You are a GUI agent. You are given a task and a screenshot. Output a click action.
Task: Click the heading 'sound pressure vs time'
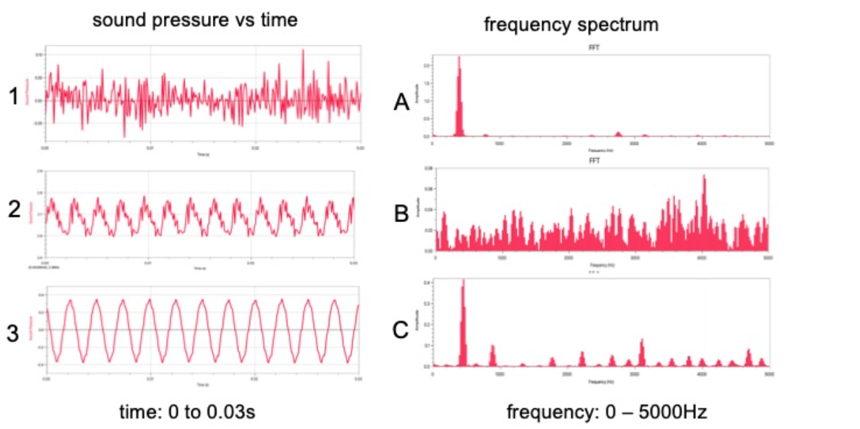(x=195, y=20)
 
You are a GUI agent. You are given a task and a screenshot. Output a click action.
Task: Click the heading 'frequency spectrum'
(x=571, y=25)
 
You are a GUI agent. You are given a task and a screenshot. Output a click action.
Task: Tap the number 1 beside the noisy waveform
(x=13, y=98)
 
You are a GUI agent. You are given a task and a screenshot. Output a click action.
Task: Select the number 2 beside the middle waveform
(x=13, y=210)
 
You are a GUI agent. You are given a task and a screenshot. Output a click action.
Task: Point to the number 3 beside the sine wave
(x=13, y=333)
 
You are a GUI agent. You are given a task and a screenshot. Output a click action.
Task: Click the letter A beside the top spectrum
(x=401, y=103)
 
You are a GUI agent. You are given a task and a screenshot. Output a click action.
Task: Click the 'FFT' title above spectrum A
(x=600, y=48)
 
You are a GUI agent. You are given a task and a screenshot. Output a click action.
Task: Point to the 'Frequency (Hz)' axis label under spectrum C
(x=600, y=381)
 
